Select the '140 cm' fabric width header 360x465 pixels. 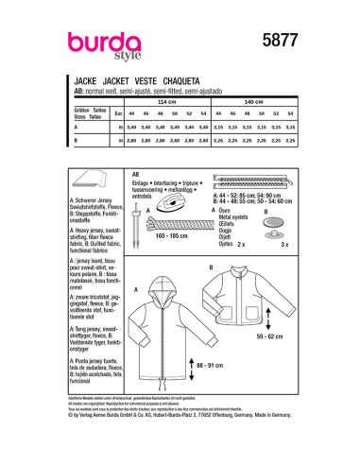pyautogui.click(x=253, y=100)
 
